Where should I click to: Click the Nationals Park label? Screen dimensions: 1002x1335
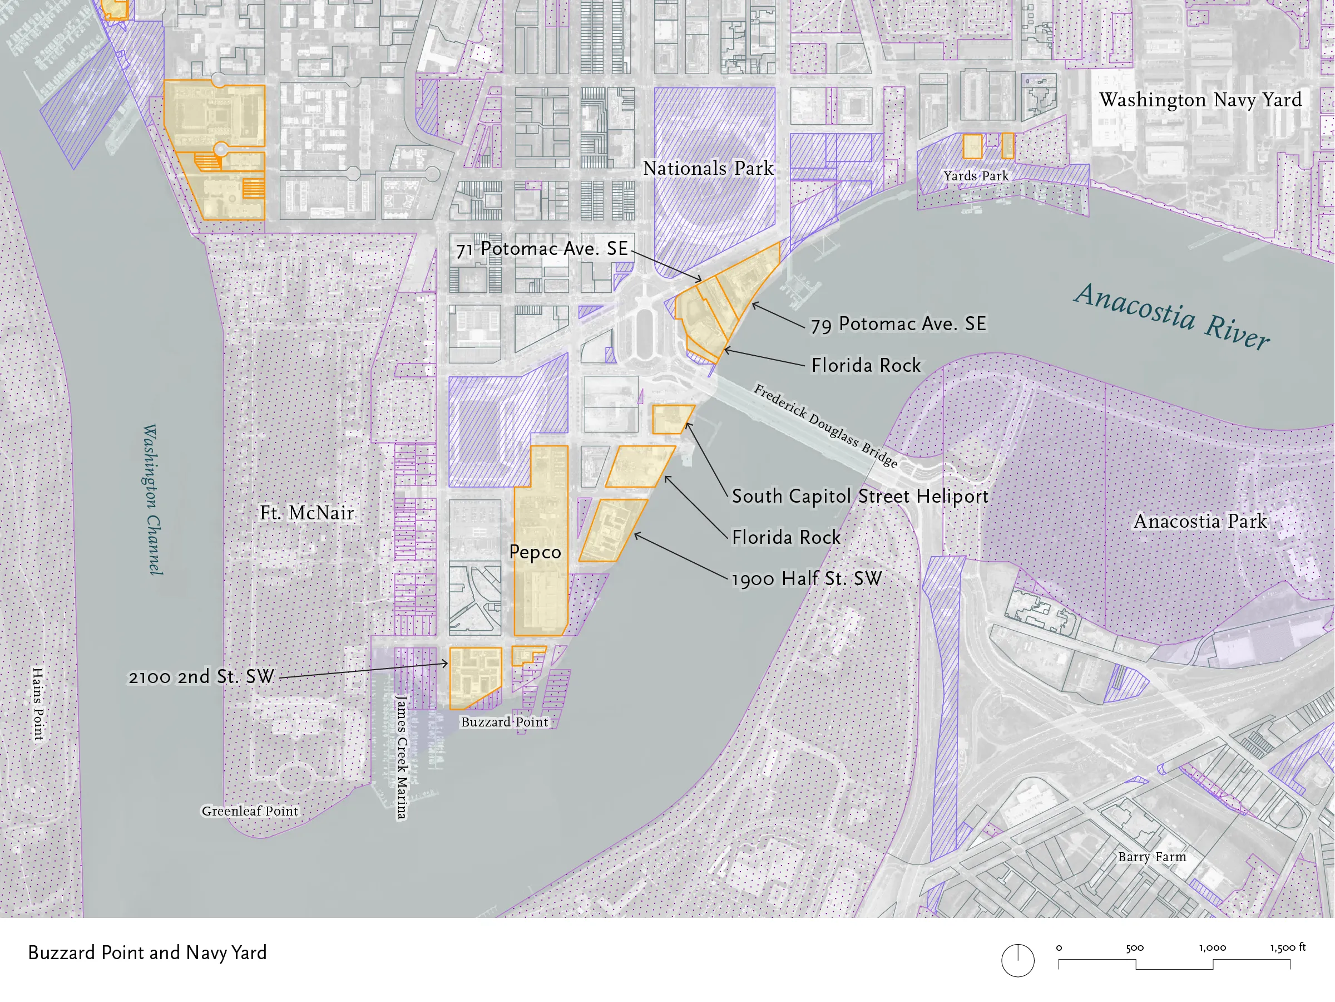click(708, 168)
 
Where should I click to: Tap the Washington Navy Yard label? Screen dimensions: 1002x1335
click(1200, 100)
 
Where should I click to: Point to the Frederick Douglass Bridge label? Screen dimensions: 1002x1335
click(825, 426)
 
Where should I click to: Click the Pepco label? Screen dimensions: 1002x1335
click(535, 552)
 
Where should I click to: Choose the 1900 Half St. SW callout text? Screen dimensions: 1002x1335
click(807, 578)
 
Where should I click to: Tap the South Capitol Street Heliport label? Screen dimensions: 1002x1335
click(859, 497)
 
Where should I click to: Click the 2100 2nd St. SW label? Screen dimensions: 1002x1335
click(201, 676)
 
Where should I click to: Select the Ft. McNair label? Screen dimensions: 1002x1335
click(306, 513)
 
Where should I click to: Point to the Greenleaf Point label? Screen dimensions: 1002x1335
click(250, 811)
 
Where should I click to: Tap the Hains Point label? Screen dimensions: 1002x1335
click(38, 704)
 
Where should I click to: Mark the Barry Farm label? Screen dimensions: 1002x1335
click(1151, 857)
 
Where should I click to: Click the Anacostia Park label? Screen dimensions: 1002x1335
click(1200, 521)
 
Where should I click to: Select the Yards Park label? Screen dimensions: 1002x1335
click(976, 176)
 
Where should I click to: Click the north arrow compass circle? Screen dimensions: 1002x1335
click(1017, 960)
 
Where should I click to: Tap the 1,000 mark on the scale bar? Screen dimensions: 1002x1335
click(1212, 947)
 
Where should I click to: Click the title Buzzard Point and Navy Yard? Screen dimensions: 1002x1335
click(147, 952)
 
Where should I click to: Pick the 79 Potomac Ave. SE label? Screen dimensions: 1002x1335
click(898, 324)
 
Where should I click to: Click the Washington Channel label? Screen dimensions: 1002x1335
click(152, 499)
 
